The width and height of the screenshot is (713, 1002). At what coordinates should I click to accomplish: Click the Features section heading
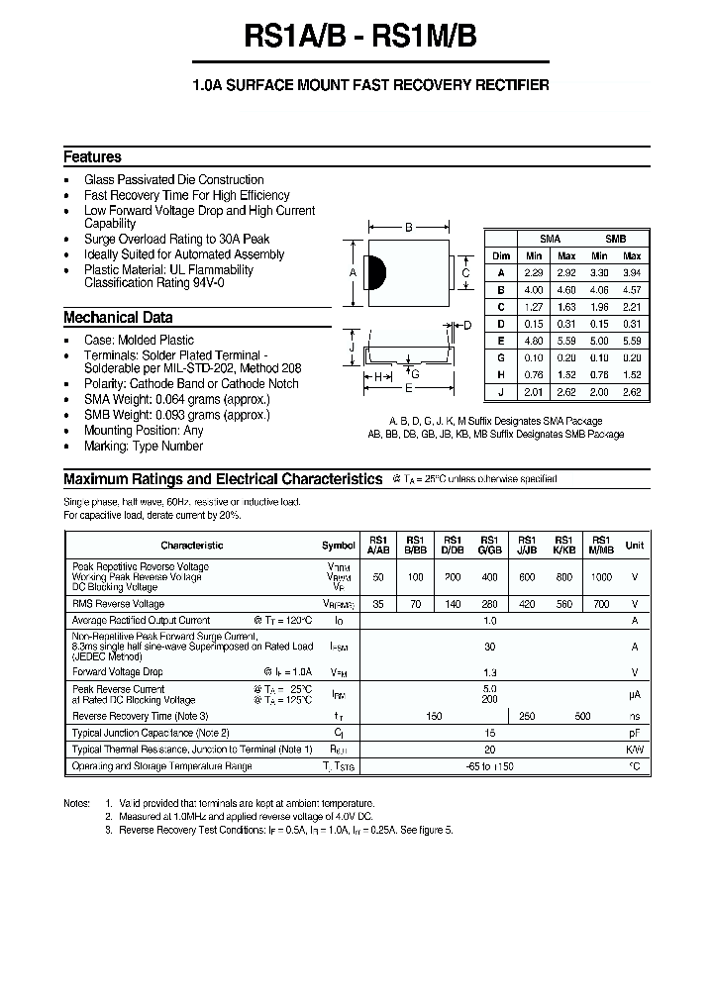pyautogui.click(x=92, y=156)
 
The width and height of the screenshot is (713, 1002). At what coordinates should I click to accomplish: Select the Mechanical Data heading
pyautogui.click(x=118, y=318)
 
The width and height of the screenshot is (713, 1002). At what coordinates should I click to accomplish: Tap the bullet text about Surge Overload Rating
pyautogui.click(x=176, y=240)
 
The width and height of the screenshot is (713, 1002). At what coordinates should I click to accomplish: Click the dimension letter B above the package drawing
pyautogui.click(x=408, y=228)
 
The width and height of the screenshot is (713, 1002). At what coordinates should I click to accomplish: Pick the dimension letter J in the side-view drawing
pyautogui.click(x=352, y=348)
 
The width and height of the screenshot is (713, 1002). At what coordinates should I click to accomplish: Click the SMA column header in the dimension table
pyautogui.click(x=550, y=240)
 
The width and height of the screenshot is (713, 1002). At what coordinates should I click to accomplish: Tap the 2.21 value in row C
pyautogui.click(x=631, y=306)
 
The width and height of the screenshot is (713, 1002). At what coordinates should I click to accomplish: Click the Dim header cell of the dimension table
pyautogui.click(x=501, y=255)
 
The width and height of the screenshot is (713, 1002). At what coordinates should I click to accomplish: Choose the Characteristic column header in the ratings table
pyautogui.click(x=191, y=545)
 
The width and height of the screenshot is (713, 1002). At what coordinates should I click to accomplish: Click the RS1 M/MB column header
pyautogui.click(x=601, y=545)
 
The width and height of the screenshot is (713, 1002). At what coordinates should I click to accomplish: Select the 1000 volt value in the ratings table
pyautogui.click(x=601, y=576)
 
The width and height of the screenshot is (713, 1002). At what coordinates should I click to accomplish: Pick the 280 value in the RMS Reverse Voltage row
pyautogui.click(x=489, y=603)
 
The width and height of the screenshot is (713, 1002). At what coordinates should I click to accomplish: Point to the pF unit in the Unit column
pyautogui.click(x=635, y=733)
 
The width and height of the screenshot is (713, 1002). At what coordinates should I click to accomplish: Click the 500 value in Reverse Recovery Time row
pyautogui.click(x=582, y=716)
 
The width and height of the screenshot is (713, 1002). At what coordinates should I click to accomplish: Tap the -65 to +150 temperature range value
pyautogui.click(x=489, y=766)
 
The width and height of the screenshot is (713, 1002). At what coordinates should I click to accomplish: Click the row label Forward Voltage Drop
pyautogui.click(x=118, y=671)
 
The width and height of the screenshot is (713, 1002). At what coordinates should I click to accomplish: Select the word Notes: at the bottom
pyautogui.click(x=76, y=803)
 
